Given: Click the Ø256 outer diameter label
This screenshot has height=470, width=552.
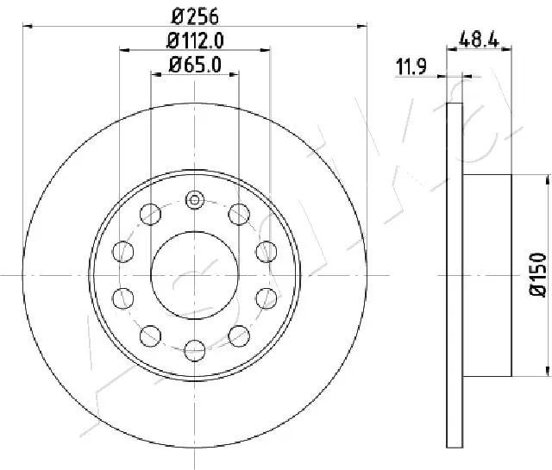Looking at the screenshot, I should (195, 15).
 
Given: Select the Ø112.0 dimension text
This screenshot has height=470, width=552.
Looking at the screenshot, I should (195, 39).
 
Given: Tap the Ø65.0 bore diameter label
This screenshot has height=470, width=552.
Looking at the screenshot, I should (195, 63).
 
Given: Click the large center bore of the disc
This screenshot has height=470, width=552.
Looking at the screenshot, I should (195, 274).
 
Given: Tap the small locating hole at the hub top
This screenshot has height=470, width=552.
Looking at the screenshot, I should (195, 201).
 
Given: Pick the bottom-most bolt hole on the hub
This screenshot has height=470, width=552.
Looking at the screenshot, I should (195, 348).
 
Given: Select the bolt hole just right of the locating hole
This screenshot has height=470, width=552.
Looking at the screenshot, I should (238, 212).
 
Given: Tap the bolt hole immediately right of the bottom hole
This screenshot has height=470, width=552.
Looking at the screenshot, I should (238, 335).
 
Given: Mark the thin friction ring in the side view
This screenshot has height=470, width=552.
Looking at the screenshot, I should (455, 274).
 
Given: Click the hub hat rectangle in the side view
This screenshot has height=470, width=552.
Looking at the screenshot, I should (487, 274).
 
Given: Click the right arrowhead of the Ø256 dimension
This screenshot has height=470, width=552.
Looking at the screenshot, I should (363, 27).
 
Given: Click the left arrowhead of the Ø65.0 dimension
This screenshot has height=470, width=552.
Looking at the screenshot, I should (155, 75).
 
